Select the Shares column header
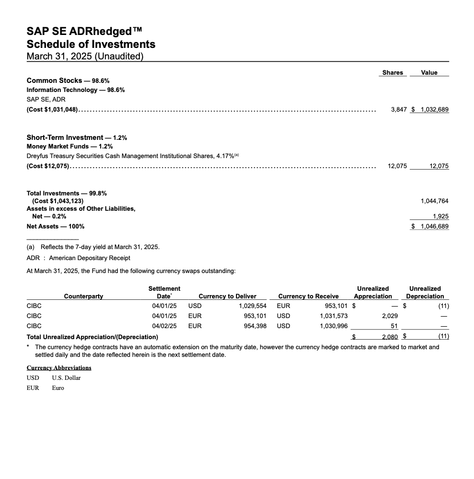393,72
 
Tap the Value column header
429,72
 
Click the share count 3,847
398,109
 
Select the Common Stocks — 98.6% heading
68,80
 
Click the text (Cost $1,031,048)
52,109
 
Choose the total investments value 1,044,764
434,201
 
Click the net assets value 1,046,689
434,226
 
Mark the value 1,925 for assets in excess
440,217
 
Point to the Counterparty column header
83,296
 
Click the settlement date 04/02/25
164,326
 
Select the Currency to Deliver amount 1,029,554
252,305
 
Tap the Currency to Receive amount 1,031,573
334,316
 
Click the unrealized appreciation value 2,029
390,316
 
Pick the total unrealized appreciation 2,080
390,337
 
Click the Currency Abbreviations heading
59,367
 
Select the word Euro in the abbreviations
58,388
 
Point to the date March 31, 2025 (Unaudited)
85,56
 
